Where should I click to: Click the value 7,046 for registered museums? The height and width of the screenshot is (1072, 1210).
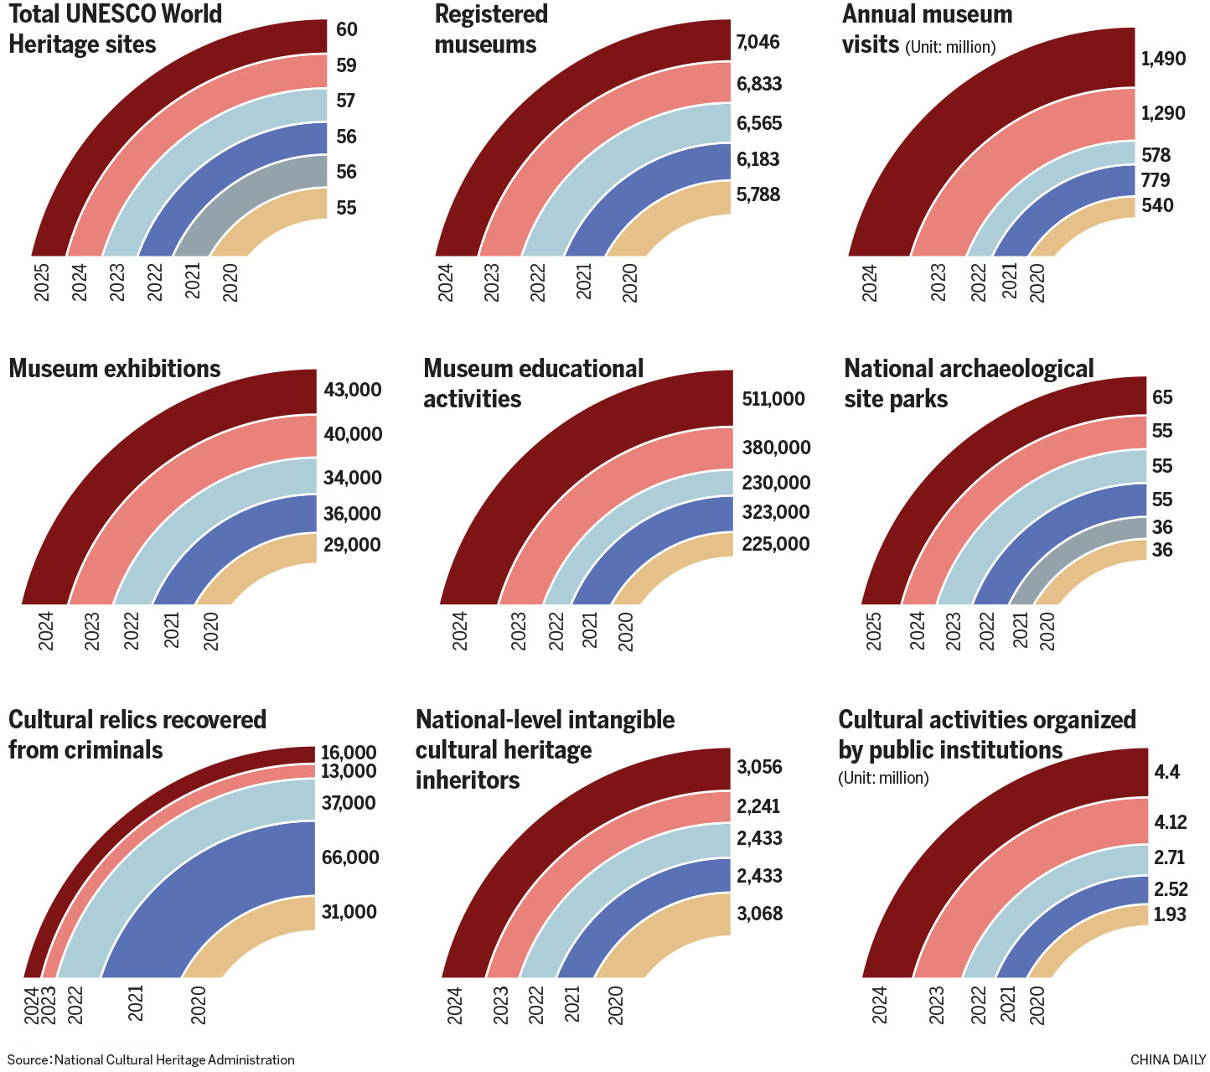(758, 43)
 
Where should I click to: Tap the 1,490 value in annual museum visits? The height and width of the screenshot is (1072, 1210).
(1163, 59)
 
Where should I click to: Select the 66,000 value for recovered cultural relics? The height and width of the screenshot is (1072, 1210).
(350, 857)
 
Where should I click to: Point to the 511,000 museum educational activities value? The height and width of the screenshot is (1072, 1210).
(773, 399)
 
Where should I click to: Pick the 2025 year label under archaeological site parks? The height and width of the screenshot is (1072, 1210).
(874, 630)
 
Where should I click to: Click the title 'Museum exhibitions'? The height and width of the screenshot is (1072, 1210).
(115, 369)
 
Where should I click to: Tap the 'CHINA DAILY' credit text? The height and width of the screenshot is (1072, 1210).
(1167, 1060)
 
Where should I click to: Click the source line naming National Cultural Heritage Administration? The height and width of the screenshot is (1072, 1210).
(151, 1060)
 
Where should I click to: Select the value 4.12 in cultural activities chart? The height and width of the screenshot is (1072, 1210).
(1171, 822)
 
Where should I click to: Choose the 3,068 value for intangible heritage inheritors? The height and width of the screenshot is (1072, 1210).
(759, 914)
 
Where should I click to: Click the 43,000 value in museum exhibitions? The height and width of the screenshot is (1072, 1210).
(352, 390)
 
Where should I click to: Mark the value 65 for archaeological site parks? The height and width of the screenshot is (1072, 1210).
(1162, 397)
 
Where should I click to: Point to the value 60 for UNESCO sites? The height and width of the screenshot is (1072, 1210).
(347, 30)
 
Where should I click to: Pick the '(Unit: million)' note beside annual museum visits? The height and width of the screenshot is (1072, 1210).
(950, 48)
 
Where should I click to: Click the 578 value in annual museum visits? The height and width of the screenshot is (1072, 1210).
(1156, 155)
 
